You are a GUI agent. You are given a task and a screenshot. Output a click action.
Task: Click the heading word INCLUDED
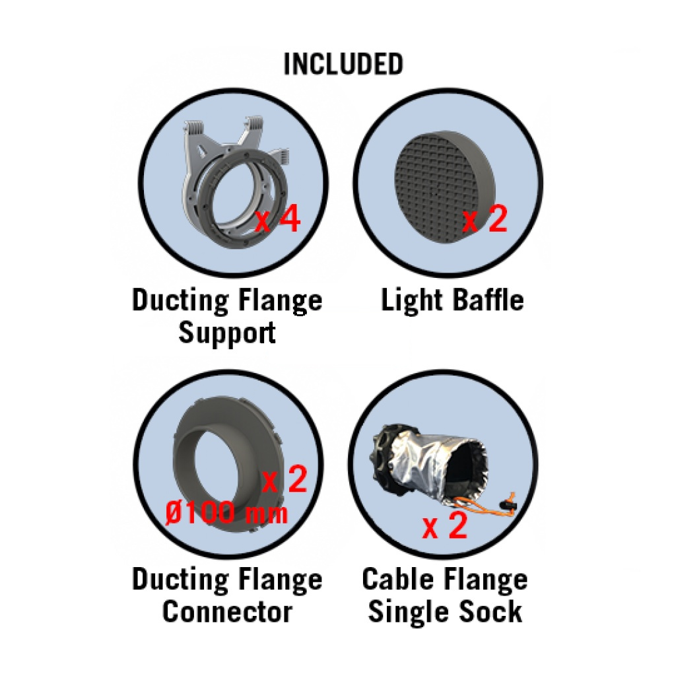point(343,64)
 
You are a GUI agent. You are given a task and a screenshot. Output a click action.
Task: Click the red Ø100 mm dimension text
point(226,513)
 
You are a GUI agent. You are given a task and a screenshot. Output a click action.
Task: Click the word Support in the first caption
point(227,333)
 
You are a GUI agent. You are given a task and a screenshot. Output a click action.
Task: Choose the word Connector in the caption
point(227,611)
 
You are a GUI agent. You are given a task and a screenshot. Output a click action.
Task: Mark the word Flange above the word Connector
point(280,580)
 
